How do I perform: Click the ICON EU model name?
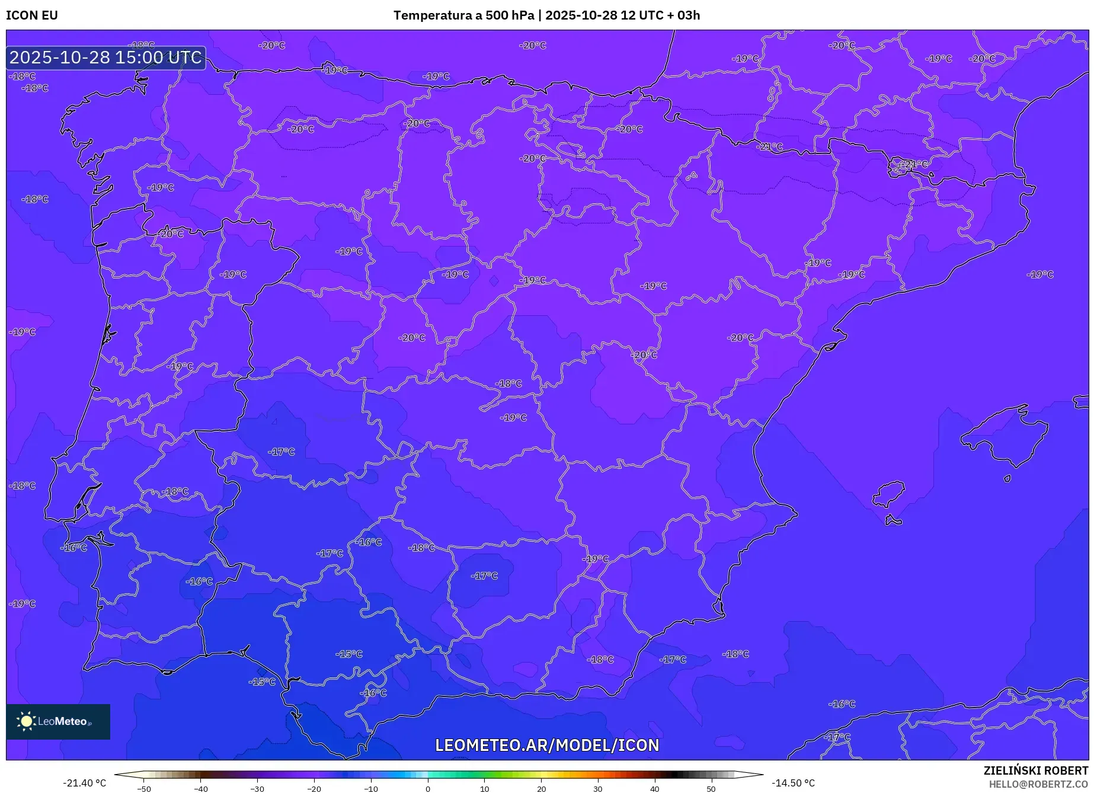coord(32,15)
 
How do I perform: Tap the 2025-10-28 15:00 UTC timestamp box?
coord(106,57)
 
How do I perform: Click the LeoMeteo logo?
coord(58,721)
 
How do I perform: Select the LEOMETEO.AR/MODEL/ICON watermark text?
coord(547,745)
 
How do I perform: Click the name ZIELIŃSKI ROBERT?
coord(1035,770)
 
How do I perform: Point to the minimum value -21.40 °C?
coord(85,783)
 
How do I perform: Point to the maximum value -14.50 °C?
coord(793,783)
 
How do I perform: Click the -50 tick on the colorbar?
coord(144,789)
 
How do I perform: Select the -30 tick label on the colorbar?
coord(257,789)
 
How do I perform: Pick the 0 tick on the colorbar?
coord(428,789)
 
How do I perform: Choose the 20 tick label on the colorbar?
coord(541,789)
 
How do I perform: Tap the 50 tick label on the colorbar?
coord(711,789)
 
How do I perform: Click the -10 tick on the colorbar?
coord(371,789)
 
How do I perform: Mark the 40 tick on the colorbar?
coord(654,789)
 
